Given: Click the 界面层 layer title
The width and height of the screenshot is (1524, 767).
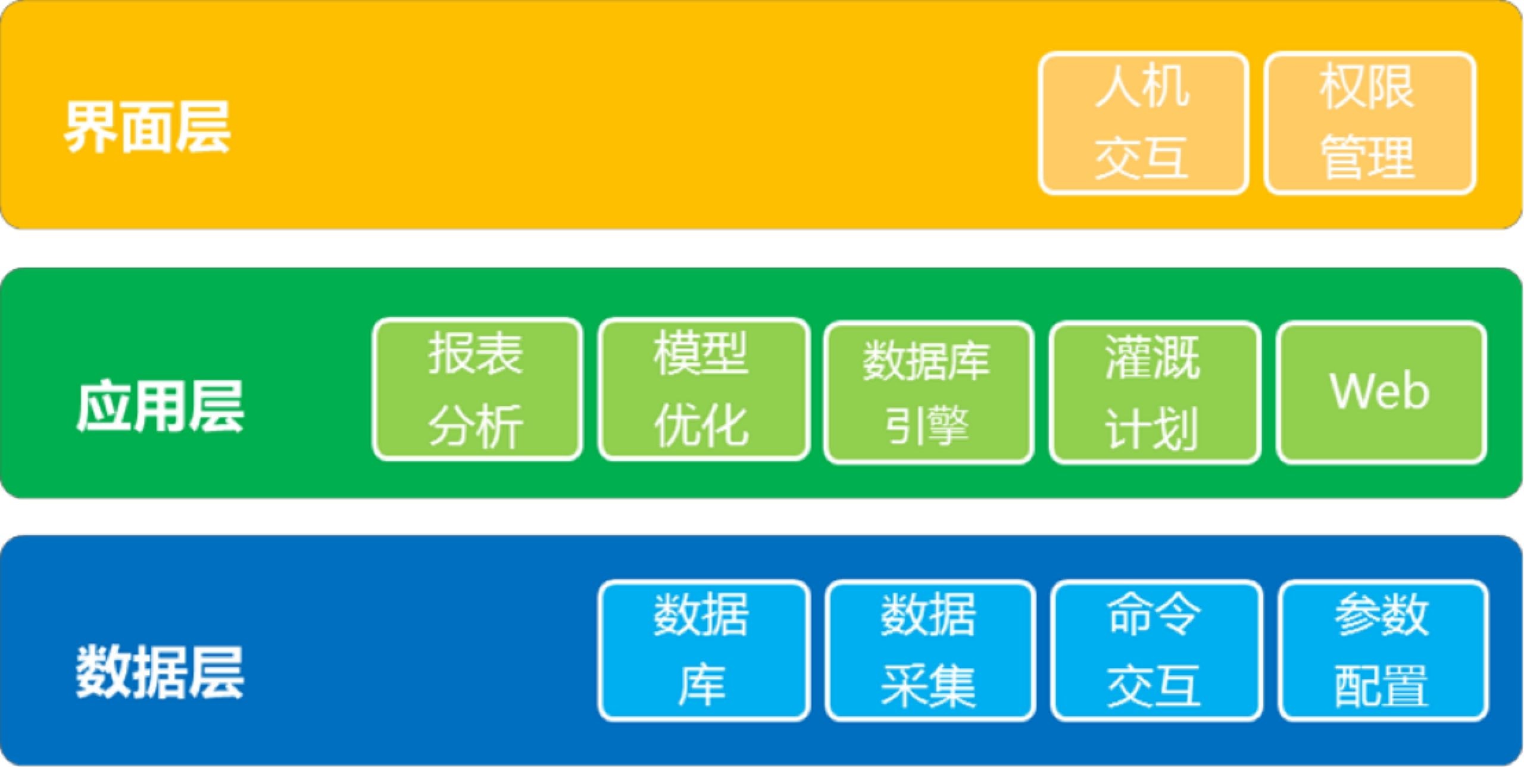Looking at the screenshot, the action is pos(147,127).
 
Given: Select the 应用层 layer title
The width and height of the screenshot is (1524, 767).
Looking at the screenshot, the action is pos(160,407).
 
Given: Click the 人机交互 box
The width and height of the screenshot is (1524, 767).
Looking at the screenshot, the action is pos(1144,123).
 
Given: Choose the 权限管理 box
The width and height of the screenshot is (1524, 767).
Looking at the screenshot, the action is pos(1370,123).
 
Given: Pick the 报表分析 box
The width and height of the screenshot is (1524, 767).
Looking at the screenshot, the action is pos(477,389).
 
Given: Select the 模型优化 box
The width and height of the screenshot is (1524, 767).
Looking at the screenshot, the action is pos(704,389).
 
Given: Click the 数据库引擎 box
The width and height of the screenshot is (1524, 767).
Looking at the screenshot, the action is pos(929,392).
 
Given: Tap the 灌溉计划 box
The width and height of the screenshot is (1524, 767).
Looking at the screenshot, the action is pos(1155,392).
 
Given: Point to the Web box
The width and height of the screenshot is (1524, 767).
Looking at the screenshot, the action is pos(1382,392).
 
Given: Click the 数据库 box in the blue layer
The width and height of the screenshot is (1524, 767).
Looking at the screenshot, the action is pos(704,650).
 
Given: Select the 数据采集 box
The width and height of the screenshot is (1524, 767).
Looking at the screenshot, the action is pos(930,650).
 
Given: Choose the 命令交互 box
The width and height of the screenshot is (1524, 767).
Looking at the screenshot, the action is pos(1157,650).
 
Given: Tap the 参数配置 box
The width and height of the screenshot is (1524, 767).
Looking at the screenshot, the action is pos(1384,650).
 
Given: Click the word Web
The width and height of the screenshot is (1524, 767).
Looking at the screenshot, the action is pos(1380,391).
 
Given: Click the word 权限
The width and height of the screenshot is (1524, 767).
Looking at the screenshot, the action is pos(1367,87).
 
